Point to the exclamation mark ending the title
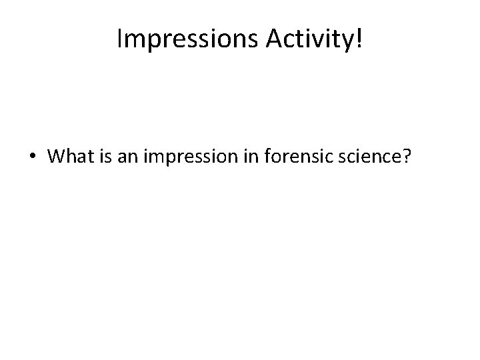pos(360,39)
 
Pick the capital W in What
pos(57,157)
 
